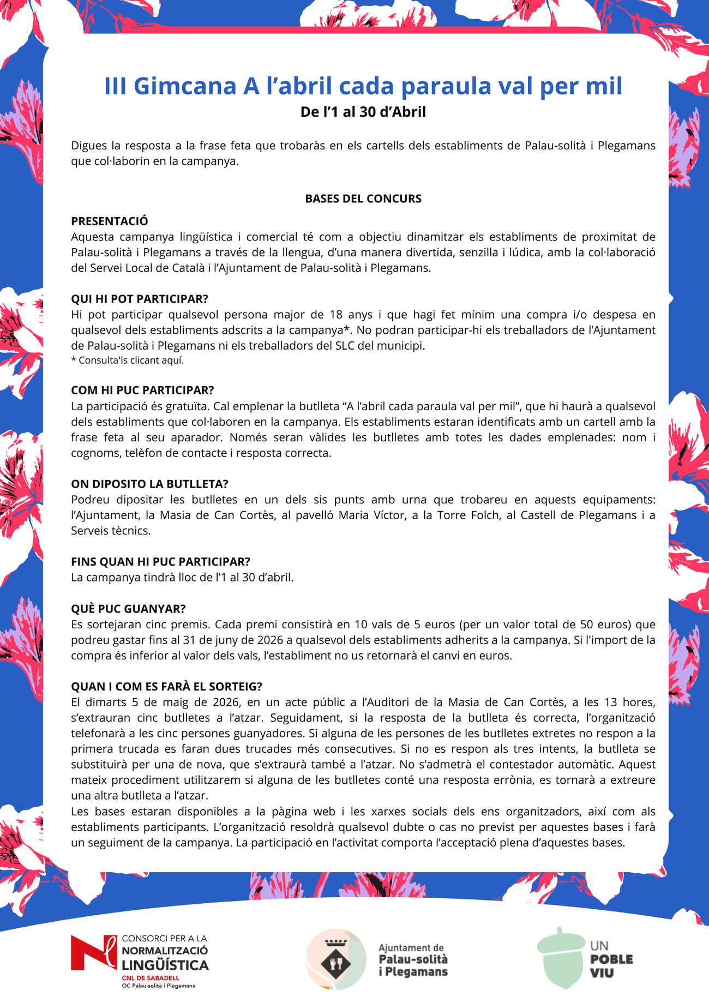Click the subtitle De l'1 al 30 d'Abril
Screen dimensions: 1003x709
pos(363,112)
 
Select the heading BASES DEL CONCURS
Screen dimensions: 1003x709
pos(363,199)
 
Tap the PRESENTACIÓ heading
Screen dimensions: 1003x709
pos(109,221)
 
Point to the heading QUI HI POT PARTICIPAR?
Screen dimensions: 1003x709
pos(140,299)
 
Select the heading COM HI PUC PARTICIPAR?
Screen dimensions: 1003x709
pos(142,390)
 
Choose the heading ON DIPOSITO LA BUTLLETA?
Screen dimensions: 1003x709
pos(149,484)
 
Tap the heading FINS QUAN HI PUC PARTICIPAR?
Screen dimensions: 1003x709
pos(160,562)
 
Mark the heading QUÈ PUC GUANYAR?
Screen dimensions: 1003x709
pos(128,609)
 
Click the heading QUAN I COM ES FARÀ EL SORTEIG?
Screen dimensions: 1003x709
pos(166,686)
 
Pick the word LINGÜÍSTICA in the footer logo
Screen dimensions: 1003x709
pos(165,966)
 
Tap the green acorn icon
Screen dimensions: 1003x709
pos(560,957)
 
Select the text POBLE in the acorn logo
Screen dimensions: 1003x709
pos(611,959)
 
